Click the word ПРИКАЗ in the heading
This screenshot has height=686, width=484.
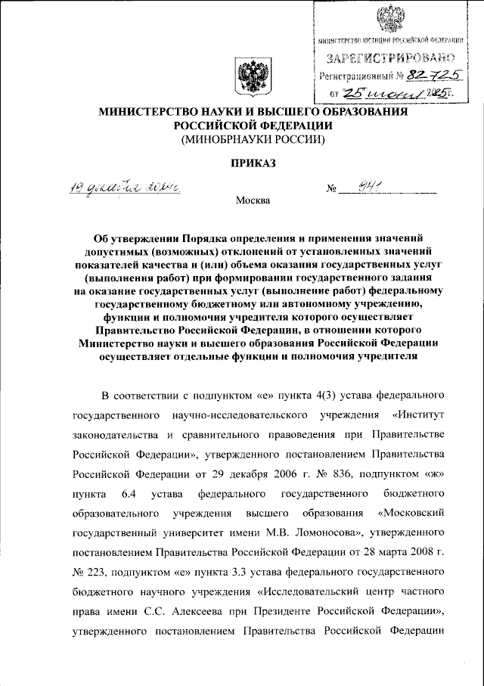tap(249, 162)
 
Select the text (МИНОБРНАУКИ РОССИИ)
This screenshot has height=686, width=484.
tap(250, 139)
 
